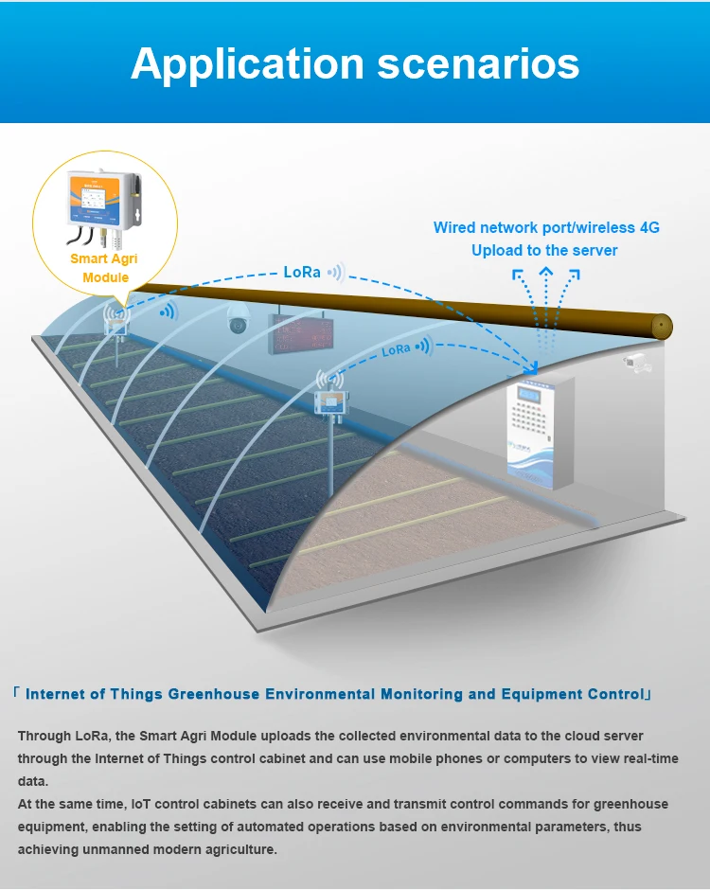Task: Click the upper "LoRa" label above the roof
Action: tap(303, 272)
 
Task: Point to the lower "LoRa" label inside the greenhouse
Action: tap(396, 349)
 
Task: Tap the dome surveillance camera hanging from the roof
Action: tap(237, 324)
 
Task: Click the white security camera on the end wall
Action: tap(635, 362)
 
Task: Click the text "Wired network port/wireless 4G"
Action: tap(546, 227)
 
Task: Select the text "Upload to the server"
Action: tap(544, 251)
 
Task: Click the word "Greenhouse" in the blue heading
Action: tap(214, 694)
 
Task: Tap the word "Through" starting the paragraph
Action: tap(44, 736)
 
